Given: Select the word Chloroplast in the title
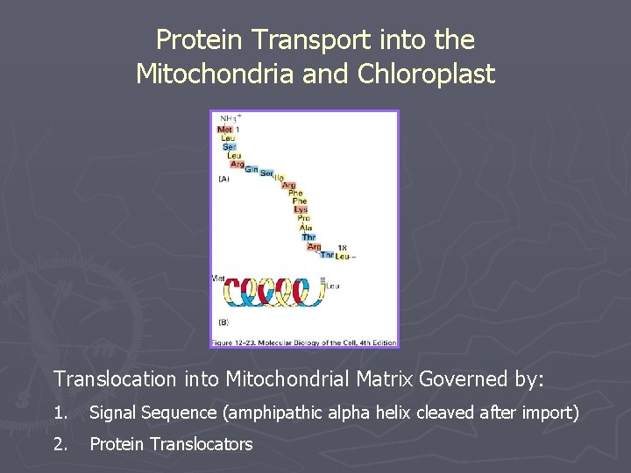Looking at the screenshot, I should click(x=427, y=74).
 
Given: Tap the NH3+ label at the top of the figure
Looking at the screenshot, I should click(x=229, y=118).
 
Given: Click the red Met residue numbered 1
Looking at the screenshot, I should click(x=225, y=130).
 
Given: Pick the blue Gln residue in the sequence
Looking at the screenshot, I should click(x=251, y=169).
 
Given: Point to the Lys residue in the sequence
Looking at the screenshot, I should click(x=301, y=209).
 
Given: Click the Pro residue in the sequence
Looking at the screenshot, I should click(x=303, y=218).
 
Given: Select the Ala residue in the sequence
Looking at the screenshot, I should click(x=305, y=228).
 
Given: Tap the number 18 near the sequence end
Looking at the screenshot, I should click(x=343, y=248).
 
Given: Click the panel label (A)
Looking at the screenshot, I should click(x=224, y=179).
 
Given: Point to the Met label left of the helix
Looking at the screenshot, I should click(x=218, y=279).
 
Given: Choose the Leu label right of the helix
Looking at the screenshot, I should click(x=333, y=286).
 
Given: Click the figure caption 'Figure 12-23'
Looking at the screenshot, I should click(x=236, y=342).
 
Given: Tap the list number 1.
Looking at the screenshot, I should click(x=60, y=412).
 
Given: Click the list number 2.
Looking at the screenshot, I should click(x=60, y=444).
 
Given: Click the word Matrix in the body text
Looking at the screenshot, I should click(x=379, y=379).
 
